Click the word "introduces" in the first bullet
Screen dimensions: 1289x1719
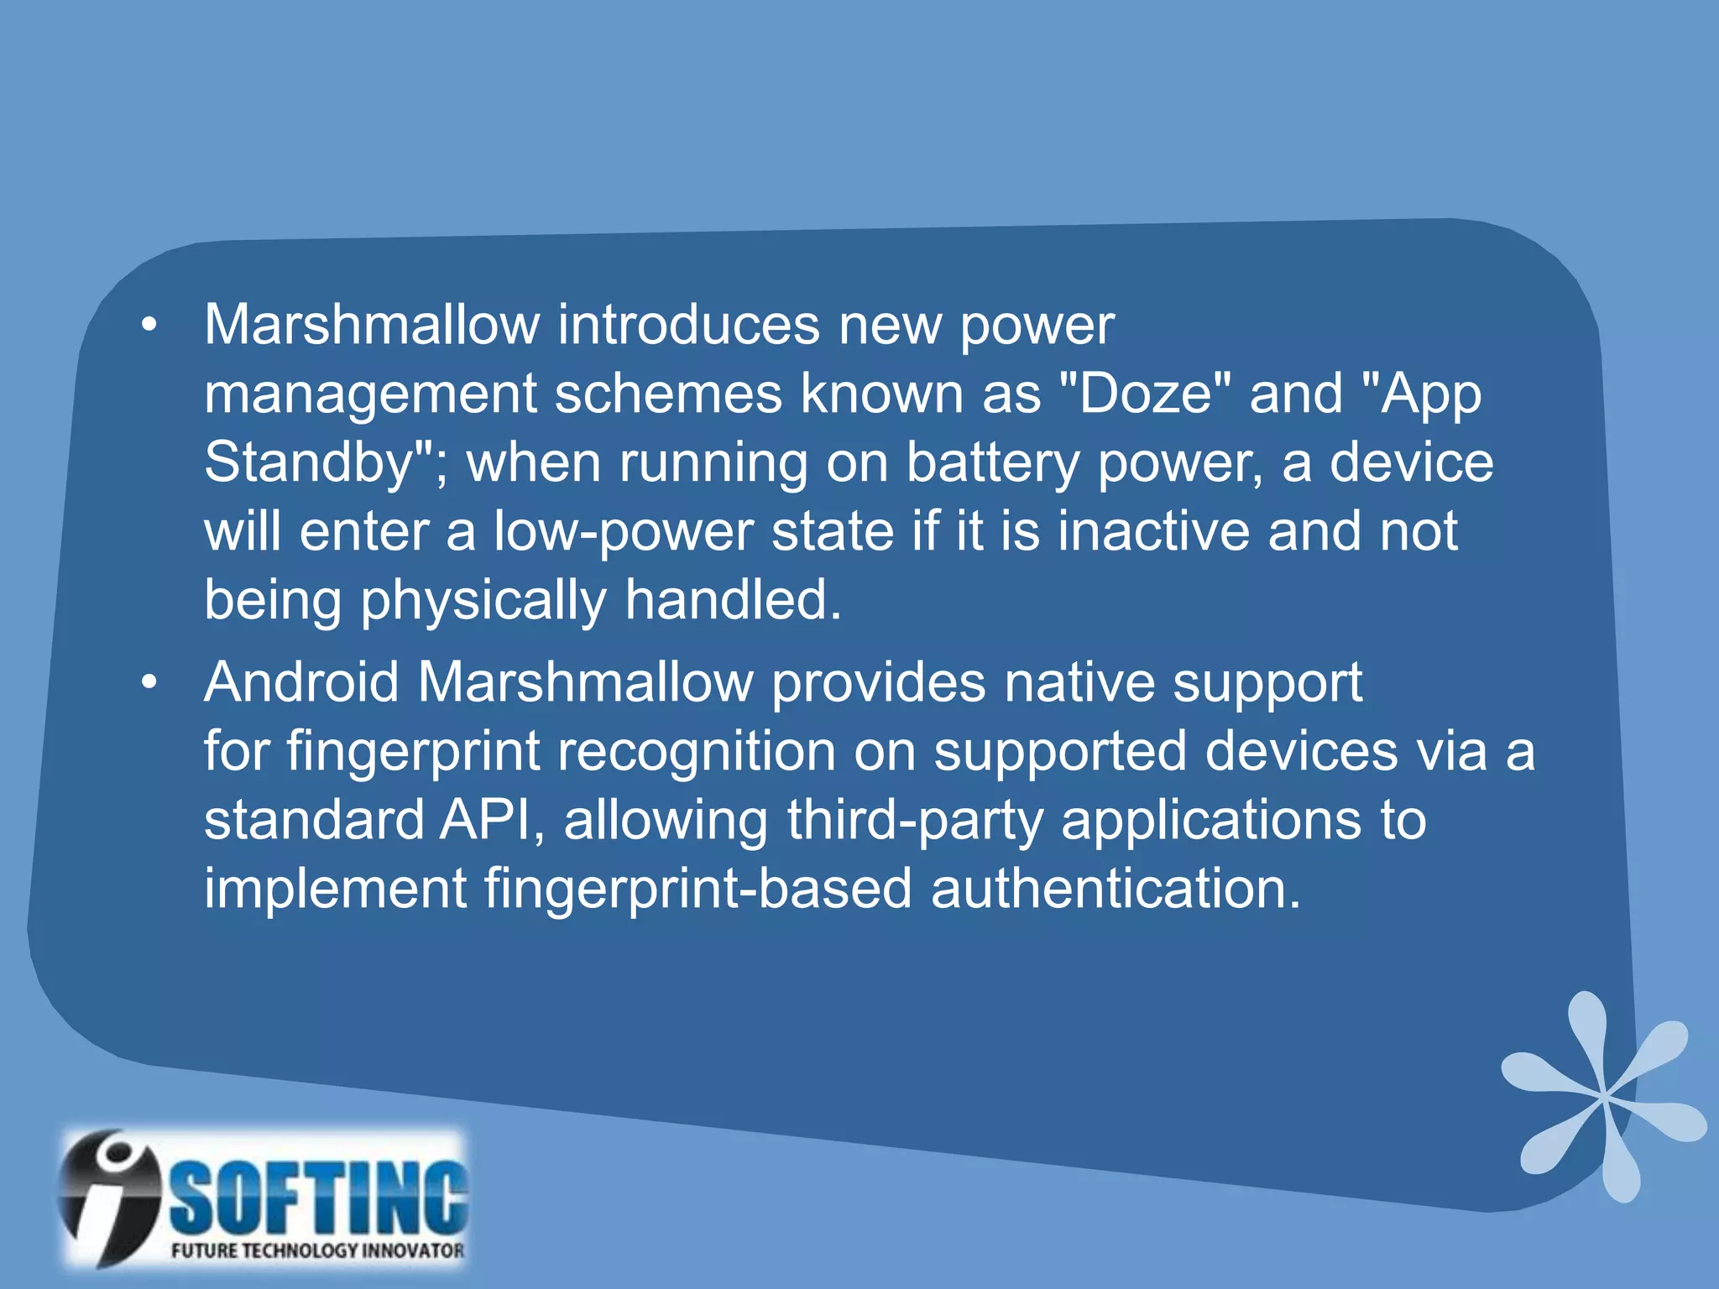[x=688, y=325]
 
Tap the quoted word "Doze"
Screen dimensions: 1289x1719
[x=1146, y=394]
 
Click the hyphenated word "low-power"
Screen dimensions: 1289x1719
[x=623, y=533]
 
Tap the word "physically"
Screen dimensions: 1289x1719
[x=483, y=602]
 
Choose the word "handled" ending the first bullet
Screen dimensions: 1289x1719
[x=732, y=600]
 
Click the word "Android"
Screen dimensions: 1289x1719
[x=301, y=681]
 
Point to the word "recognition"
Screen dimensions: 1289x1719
[x=696, y=752]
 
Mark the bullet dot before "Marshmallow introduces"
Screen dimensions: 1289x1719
[x=149, y=326]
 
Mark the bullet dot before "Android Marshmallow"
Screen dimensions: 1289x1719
[x=149, y=683]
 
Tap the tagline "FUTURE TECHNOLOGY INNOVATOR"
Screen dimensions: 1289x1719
[x=317, y=1250]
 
